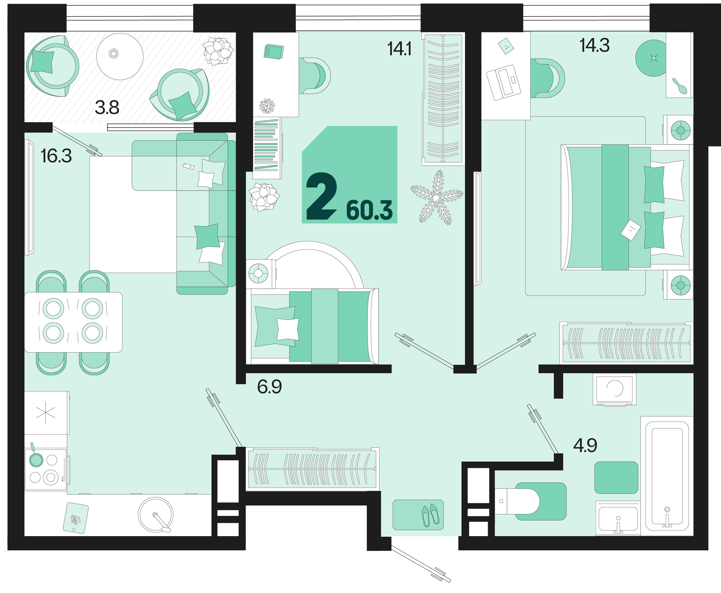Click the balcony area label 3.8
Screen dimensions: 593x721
point(107,107)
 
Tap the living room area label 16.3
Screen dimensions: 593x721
point(56,156)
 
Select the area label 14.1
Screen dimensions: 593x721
point(399,49)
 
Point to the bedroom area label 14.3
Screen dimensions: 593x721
point(594,45)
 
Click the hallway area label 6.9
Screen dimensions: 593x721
point(269,387)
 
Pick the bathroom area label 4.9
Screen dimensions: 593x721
point(585,445)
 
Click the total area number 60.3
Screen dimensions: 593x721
point(369,210)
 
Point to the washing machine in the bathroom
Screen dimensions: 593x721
point(614,389)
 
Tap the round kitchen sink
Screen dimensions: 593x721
point(156,514)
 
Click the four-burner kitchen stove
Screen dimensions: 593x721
point(45,470)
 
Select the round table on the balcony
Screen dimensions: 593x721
point(120,56)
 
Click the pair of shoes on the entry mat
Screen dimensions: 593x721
point(430,515)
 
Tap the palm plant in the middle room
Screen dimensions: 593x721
point(437,197)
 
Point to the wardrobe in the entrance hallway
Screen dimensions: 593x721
point(312,469)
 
